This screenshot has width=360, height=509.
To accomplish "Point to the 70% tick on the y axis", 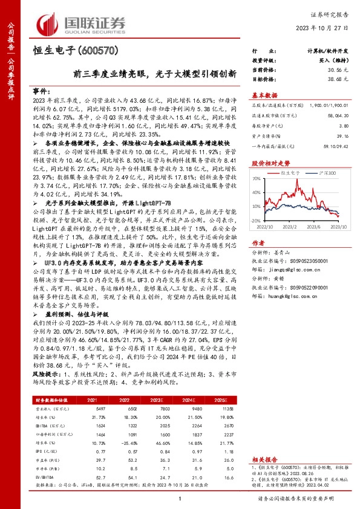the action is [257, 179].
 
